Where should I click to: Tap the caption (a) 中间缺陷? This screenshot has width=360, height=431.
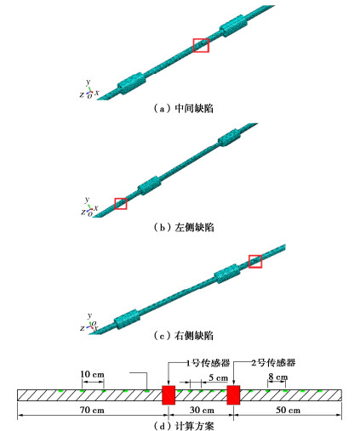click(x=183, y=108)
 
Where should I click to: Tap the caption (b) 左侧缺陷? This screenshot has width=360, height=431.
click(x=184, y=227)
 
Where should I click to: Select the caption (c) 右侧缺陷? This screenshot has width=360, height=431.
click(x=183, y=336)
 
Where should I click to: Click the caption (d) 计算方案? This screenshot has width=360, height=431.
click(x=184, y=426)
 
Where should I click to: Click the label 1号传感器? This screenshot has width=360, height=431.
click(x=209, y=363)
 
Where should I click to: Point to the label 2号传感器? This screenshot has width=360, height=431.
click(x=273, y=363)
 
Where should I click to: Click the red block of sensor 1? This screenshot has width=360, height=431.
click(x=169, y=394)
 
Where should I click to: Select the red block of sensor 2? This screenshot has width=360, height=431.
click(x=233, y=394)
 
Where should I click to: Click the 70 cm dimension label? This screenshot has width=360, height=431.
click(x=92, y=410)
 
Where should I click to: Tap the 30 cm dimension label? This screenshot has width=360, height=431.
click(x=202, y=410)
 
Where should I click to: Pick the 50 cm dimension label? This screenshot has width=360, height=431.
click(x=288, y=410)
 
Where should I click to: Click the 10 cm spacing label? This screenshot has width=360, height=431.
click(x=92, y=374)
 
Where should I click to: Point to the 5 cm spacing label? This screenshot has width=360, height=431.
click(x=218, y=377)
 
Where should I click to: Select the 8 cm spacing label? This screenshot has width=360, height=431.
click(x=278, y=377)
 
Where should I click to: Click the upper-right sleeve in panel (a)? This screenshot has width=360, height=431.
click(x=233, y=26)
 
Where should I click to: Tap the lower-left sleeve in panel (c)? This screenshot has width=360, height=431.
click(x=127, y=319)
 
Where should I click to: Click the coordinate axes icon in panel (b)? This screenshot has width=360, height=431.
click(x=89, y=207)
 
